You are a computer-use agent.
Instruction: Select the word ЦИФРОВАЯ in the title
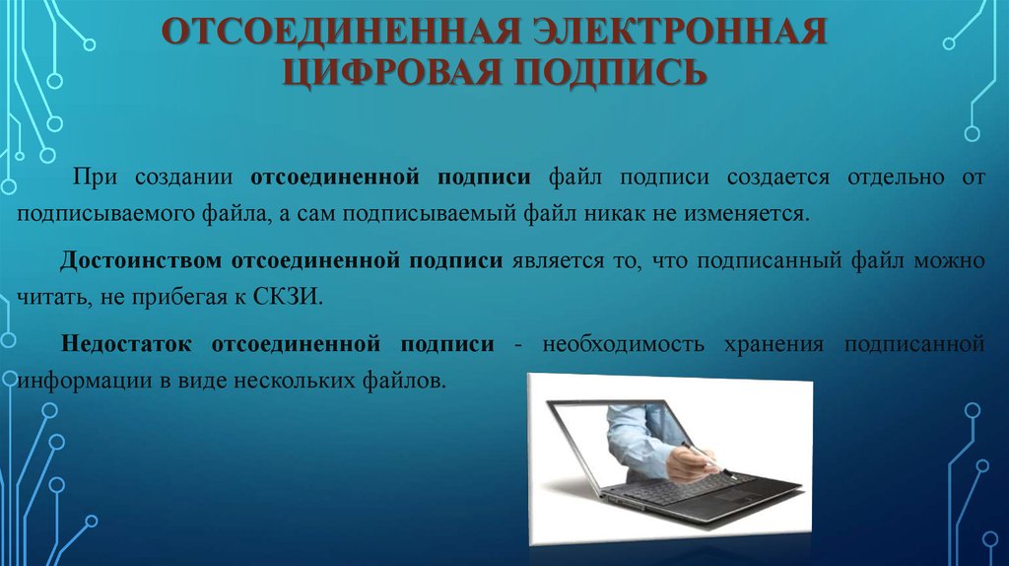[x=391, y=71]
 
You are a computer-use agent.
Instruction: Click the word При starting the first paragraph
[x=95, y=177]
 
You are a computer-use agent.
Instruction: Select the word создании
[x=184, y=177]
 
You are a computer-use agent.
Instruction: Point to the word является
[x=559, y=260]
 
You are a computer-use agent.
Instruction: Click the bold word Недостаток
[x=126, y=344]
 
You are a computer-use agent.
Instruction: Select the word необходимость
[x=624, y=344]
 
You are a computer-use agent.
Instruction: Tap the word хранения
[x=774, y=344]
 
